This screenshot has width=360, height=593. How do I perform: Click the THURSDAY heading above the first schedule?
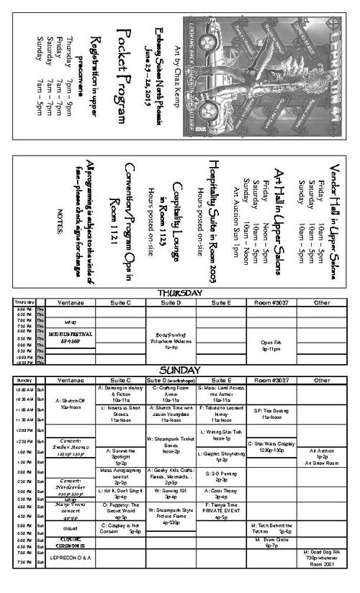[180, 293]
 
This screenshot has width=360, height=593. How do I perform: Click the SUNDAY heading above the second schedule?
[180, 369]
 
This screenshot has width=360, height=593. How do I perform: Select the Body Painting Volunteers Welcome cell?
[170, 335]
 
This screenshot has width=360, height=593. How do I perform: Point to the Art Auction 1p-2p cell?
[322, 457]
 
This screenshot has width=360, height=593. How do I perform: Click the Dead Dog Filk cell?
[322, 559]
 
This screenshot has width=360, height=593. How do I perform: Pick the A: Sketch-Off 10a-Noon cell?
[71, 405]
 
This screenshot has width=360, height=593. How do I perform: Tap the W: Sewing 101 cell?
[170, 494]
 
